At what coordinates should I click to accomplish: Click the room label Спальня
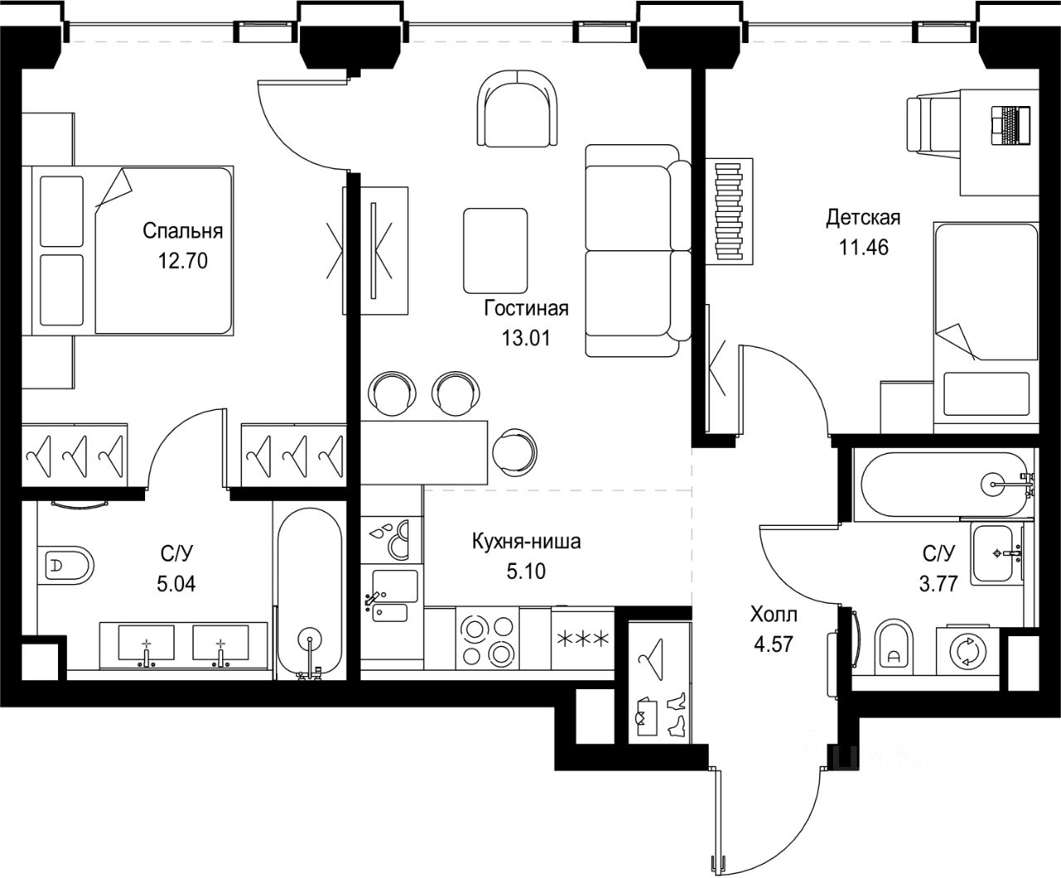coord(182,232)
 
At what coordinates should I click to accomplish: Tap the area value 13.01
coord(526,338)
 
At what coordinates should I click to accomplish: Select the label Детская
coord(864,218)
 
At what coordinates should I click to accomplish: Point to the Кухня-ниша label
coord(526,542)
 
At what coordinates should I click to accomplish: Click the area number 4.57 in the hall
coord(773,644)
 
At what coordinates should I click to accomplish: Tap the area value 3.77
coord(938,583)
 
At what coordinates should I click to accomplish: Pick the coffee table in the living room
coord(496,251)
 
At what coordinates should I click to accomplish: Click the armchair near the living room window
coord(517,109)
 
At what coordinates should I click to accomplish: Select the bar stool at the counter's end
coord(515,452)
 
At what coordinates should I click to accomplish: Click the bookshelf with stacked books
coord(729,211)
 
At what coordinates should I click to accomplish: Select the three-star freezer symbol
coord(583,639)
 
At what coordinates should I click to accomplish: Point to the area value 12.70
coord(183,261)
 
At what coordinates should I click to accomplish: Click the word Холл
coord(773,615)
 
